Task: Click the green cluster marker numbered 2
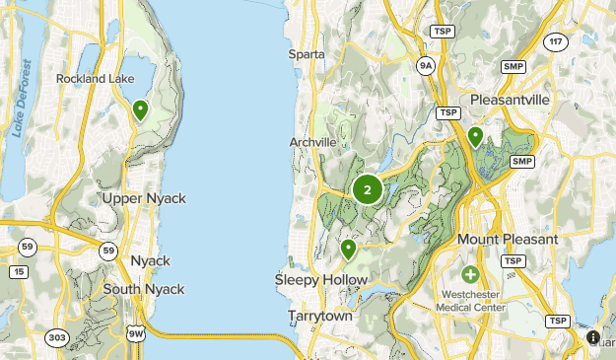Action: [368, 189]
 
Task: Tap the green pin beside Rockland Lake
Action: [140, 109]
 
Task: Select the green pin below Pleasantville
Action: [475, 136]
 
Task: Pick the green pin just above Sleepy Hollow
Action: [348, 249]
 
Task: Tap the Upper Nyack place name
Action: [144, 198]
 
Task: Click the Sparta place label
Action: [307, 54]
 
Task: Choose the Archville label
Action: [312, 142]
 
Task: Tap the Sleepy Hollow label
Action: [321, 280]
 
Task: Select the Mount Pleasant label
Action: [507, 240]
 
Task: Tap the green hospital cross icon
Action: [470, 273]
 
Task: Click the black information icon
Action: [593, 337]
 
